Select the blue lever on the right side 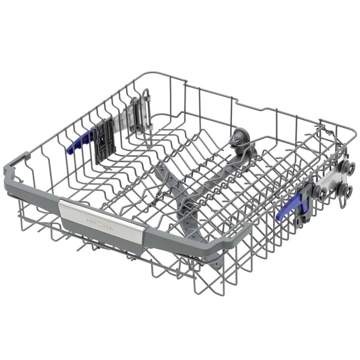[x=291, y=204]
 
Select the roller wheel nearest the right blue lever [x=321, y=192]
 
